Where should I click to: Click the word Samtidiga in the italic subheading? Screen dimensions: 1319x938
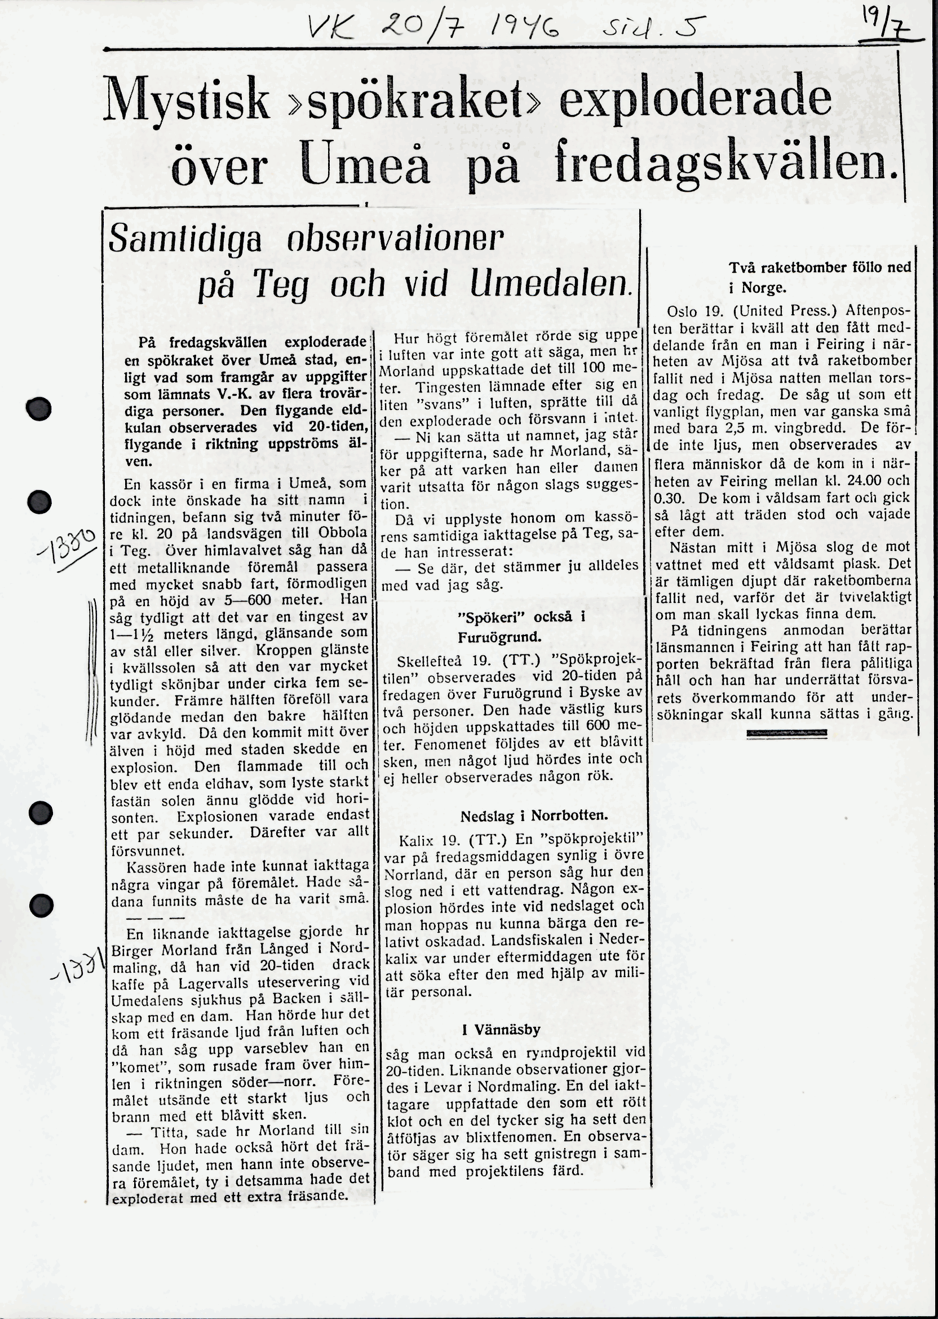coord(185,239)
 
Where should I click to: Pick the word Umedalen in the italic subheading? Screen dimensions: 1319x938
coord(548,284)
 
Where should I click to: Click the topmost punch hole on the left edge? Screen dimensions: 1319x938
coord(39,409)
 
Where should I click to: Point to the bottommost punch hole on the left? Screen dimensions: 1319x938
coord(42,905)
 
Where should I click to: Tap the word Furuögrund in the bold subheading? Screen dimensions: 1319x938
coord(499,637)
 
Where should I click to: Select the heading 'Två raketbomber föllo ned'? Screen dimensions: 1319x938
coord(820,267)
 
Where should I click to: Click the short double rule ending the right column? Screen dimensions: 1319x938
coord(786,733)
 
